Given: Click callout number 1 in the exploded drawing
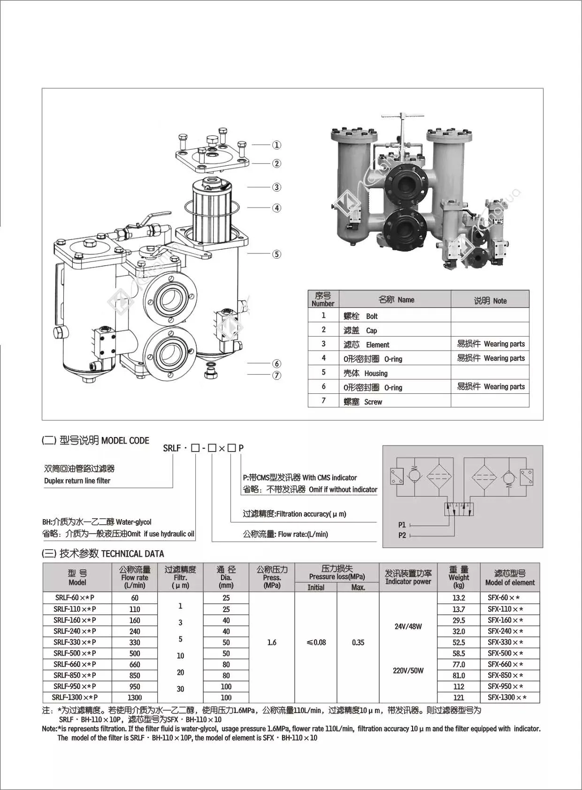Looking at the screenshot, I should click(277, 145).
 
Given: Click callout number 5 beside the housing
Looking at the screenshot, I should click(277, 254).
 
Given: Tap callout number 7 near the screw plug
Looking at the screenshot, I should click(277, 375).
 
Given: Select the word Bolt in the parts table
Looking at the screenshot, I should click(372, 316).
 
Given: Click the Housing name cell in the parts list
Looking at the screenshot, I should click(375, 374).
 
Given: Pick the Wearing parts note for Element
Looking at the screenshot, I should click(490, 344).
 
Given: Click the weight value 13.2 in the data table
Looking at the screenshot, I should click(459, 598).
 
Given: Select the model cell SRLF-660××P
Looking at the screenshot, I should click(75, 664).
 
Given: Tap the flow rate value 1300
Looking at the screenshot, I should click(135, 698).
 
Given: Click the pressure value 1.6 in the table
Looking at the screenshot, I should click(272, 642).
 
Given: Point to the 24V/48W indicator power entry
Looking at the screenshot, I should click(408, 626).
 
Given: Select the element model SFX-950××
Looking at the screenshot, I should click(505, 686).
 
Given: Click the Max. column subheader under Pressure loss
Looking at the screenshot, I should click(358, 587).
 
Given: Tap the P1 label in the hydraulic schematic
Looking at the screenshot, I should click(402, 525).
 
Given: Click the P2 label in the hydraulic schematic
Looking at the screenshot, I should click(402, 535).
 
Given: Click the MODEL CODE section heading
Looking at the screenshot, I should click(125, 440).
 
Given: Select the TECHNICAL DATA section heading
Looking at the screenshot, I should click(132, 554).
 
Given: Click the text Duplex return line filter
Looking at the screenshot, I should click(77, 481).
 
